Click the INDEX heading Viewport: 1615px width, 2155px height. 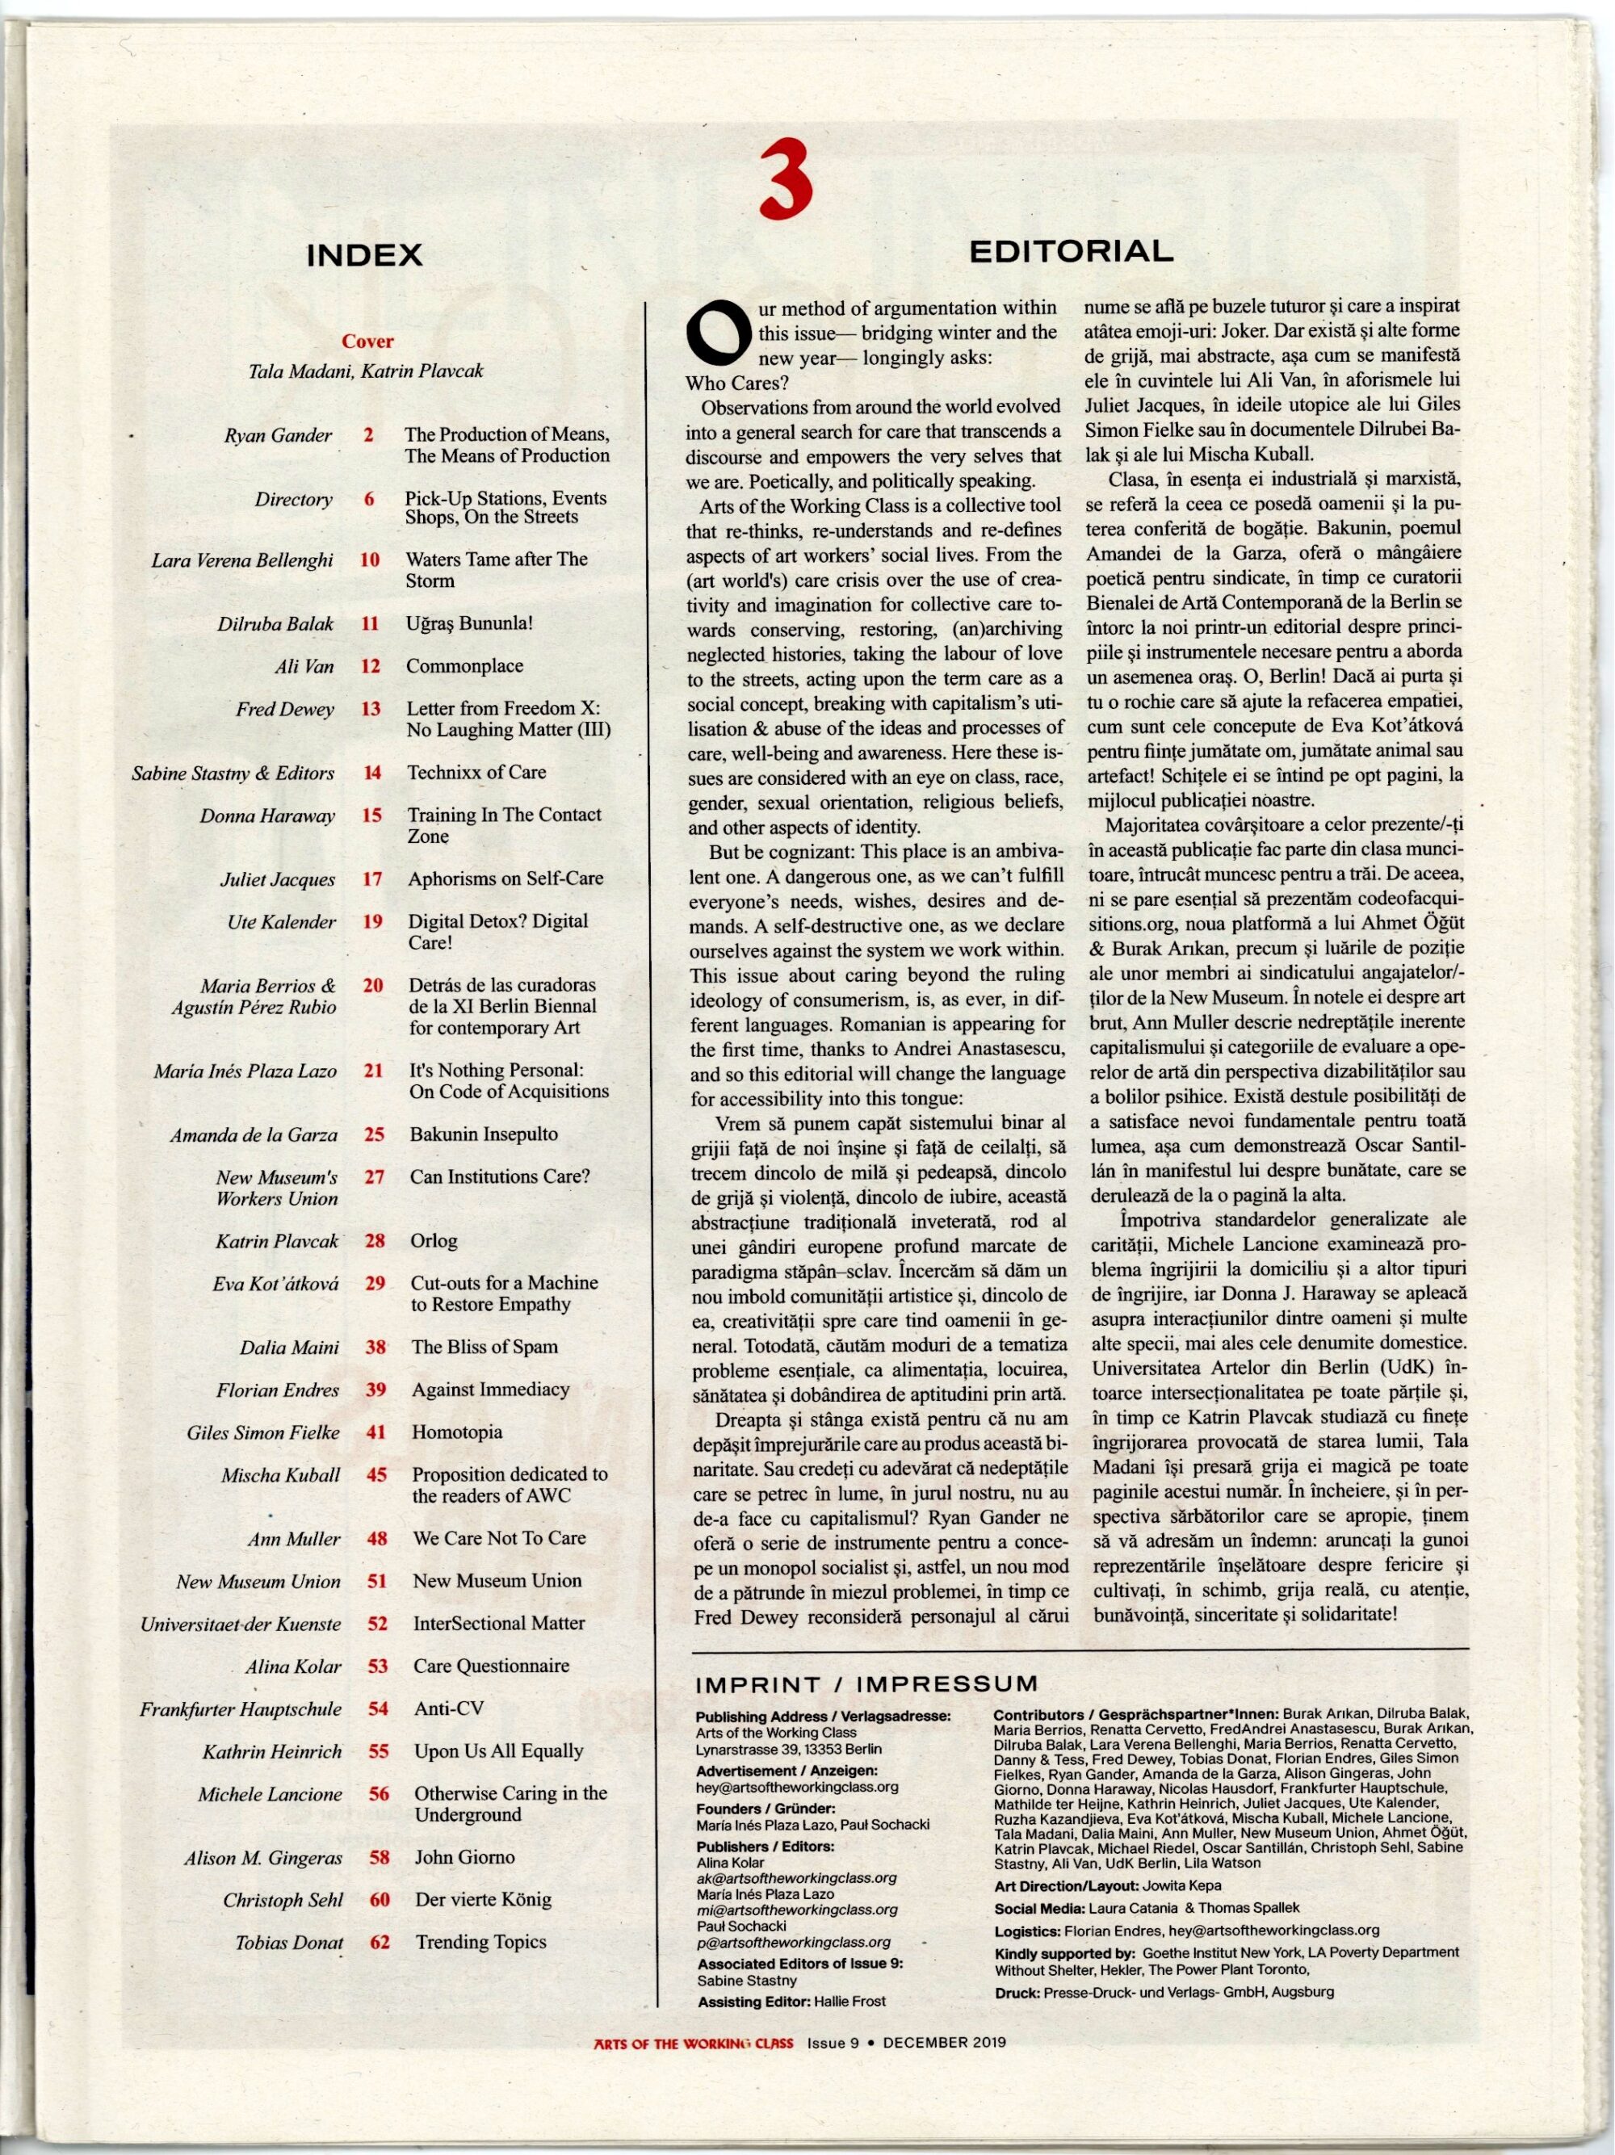pyautogui.click(x=364, y=255)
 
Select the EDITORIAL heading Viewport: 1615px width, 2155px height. pyautogui.click(x=1071, y=251)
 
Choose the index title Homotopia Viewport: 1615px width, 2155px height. pyautogui.click(x=457, y=1432)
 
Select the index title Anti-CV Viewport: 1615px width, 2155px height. pyautogui.click(x=449, y=1708)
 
